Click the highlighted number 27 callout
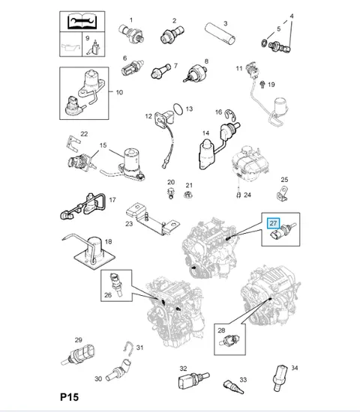pos(273,223)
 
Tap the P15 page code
pos(69,397)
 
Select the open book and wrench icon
pos(82,22)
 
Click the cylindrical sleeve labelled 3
pos(220,33)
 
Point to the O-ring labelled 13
pos(178,109)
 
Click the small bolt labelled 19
pos(262,85)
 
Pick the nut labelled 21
pos(188,195)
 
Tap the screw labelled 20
pos(171,193)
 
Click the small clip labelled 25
pos(282,195)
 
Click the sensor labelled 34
pos(280,378)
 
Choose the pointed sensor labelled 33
pos(233,387)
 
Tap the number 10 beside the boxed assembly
pos(119,92)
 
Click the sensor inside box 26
pos(116,284)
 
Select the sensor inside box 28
pos(229,340)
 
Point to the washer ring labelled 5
pos(264,43)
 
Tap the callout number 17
pos(112,200)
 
